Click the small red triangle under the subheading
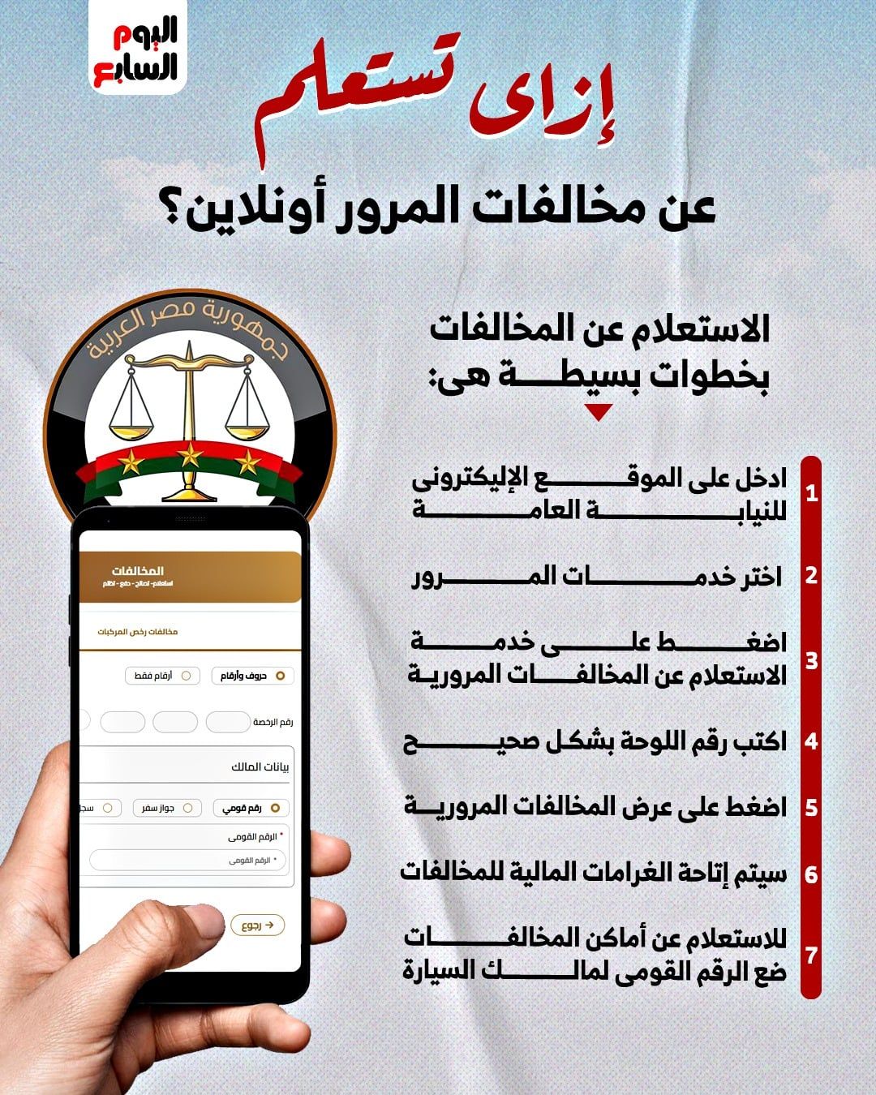(x=599, y=413)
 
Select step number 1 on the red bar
(x=811, y=492)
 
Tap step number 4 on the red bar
(x=811, y=741)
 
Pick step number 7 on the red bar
(x=811, y=955)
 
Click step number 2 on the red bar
(x=811, y=576)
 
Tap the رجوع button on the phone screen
(x=258, y=925)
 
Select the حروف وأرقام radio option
(x=252, y=676)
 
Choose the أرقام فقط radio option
(x=162, y=676)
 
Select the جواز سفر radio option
(x=167, y=808)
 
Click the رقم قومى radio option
(x=251, y=808)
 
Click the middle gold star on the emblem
(x=191, y=456)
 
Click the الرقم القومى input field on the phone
(x=187, y=861)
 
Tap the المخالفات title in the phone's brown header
(x=138, y=571)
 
